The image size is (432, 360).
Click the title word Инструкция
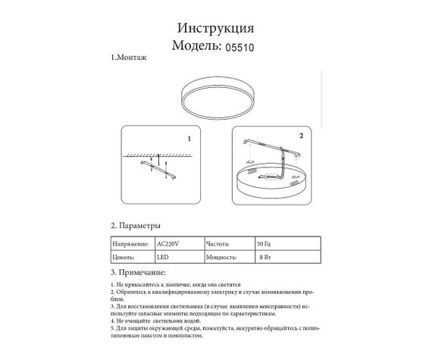click(215, 28)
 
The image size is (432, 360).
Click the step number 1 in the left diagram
click(189, 140)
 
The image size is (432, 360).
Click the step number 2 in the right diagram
click(301, 136)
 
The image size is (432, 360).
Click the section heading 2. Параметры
click(136, 225)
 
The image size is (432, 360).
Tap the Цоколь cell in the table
click(125, 258)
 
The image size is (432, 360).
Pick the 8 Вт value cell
click(265, 258)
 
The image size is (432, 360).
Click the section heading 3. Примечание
click(138, 271)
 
